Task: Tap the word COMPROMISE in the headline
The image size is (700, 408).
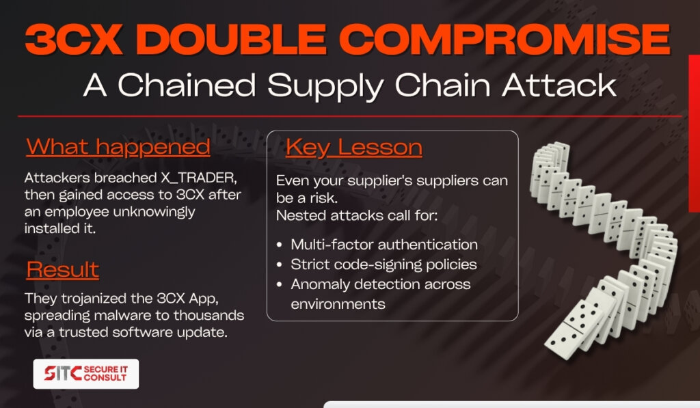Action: (504, 39)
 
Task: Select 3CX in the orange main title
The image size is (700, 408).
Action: (74, 39)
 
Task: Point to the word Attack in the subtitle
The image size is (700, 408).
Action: (559, 85)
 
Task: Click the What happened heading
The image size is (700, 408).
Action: (118, 147)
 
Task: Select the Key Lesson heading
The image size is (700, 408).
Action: (353, 148)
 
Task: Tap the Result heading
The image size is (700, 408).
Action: (62, 269)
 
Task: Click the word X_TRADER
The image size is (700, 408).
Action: (199, 178)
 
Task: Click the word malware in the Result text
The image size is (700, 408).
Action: (122, 316)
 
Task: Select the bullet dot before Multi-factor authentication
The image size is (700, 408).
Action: (280, 245)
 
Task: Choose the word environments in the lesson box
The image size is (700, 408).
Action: (338, 304)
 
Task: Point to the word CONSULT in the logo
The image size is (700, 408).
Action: (105, 378)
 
